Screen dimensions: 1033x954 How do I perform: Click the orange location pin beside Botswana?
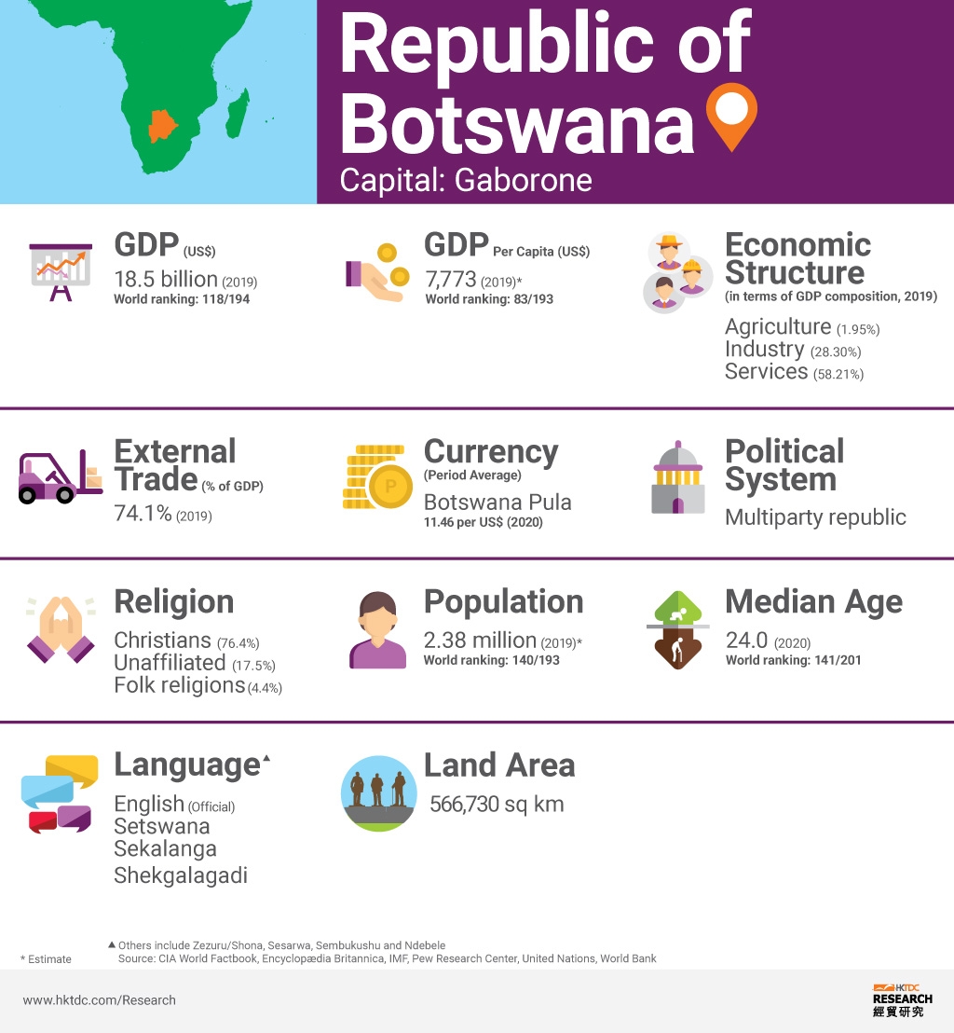(x=731, y=114)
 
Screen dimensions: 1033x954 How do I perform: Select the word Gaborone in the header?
(x=523, y=178)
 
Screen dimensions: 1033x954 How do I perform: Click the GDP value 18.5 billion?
(x=166, y=279)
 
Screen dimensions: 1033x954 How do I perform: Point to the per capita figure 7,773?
(x=450, y=279)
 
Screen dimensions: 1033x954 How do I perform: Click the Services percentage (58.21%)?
(x=839, y=374)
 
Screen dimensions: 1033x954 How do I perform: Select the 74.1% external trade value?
(x=143, y=514)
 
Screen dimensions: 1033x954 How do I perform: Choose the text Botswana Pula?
(x=497, y=502)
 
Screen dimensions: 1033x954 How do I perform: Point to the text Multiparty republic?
(x=815, y=516)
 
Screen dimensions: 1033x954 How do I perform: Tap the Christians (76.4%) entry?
(x=186, y=640)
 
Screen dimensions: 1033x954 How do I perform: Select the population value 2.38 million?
(x=480, y=640)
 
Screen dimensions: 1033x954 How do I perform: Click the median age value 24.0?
(x=746, y=640)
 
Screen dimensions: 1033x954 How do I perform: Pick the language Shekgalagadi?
(x=181, y=875)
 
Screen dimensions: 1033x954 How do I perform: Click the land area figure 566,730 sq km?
(x=497, y=804)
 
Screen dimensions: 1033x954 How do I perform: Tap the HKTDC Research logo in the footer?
(x=901, y=999)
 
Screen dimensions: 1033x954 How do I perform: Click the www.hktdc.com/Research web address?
(x=99, y=1000)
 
